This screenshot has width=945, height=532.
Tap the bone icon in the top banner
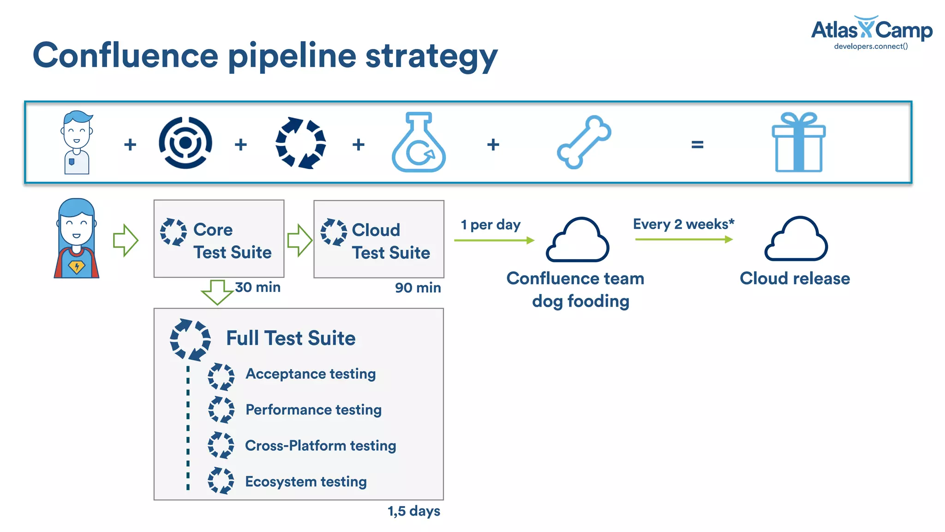[584, 142]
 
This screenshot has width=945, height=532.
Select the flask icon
[419, 143]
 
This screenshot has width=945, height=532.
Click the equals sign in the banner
[697, 145]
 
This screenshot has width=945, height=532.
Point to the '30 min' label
[257, 287]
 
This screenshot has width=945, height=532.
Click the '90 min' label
[418, 288]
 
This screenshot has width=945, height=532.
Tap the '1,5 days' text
[413, 511]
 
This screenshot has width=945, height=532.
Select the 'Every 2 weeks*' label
[683, 224]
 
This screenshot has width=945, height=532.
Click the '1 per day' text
[490, 225]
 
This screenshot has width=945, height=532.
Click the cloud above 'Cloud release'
[796, 240]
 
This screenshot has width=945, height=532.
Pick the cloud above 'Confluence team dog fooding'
[577, 241]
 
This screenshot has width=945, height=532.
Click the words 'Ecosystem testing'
[305, 482]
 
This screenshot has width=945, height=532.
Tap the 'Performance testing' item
[313, 410]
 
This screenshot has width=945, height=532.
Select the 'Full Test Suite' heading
[291, 338]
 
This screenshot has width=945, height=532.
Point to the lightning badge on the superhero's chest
[77, 266]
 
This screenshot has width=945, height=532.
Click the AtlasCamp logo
[871, 32]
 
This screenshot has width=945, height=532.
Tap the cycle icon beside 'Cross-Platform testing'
[221, 445]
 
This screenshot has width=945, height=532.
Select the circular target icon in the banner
[185, 143]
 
